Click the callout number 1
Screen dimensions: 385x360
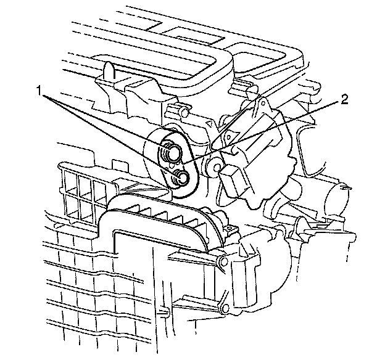pos(39,90)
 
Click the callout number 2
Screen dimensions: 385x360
pos(344,100)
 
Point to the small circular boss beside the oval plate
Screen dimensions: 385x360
pos(215,167)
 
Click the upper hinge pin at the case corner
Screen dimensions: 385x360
pos(223,262)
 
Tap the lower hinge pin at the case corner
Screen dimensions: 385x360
pos(225,308)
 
